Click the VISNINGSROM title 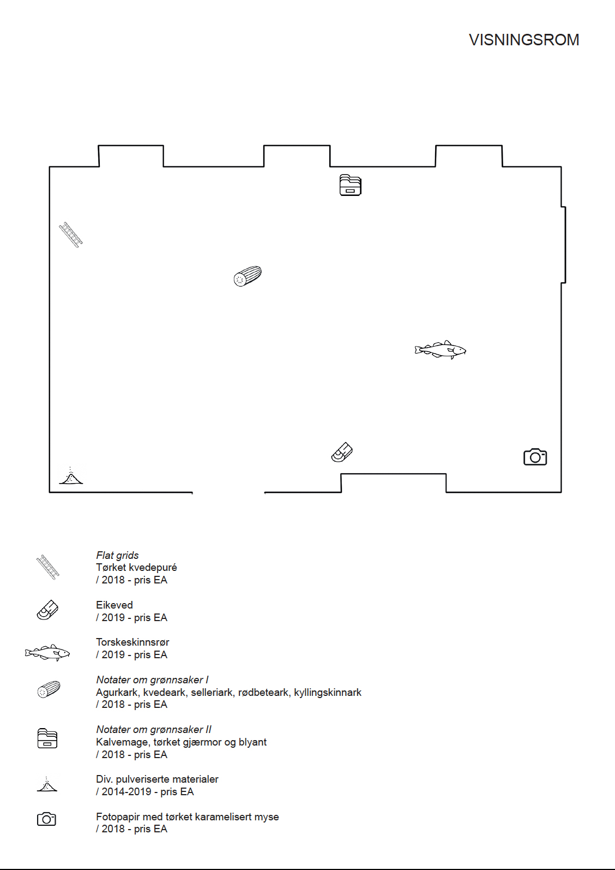point(523,40)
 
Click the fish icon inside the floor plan point(440,349)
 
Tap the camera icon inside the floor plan point(535,457)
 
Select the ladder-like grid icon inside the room point(71,235)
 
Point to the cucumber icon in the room point(248,276)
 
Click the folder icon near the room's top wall point(350,185)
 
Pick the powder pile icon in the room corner point(71,477)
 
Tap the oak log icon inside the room point(342,452)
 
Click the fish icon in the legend point(47,652)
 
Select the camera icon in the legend point(47,819)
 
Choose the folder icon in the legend point(47,738)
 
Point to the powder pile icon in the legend point(47,785)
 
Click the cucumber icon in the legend point(49,689)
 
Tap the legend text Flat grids point(117,555)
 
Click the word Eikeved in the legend point(114,605)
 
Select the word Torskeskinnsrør point(132,642)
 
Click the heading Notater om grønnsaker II point(154,729)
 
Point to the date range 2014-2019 point(126,791)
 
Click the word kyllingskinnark point(328,692)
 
